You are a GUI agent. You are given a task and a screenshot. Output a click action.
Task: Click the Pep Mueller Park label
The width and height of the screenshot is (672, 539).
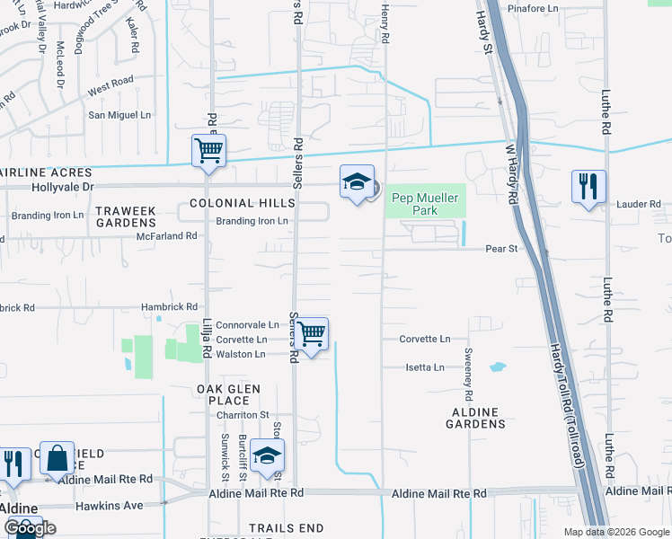click(x=426, y=204)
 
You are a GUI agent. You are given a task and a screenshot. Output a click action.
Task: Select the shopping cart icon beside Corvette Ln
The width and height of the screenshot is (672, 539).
click(x=312, y=334)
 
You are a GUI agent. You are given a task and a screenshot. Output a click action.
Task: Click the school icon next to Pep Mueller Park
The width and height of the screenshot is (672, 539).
click(x=357, y=182)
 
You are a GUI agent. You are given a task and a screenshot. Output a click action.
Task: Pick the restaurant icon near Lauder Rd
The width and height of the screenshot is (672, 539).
click(x=588, y=187)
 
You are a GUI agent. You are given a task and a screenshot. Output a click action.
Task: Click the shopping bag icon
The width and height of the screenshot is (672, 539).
click(x=57, y=459)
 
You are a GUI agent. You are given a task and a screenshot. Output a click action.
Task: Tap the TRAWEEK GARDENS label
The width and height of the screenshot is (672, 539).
click(x=126, y=216)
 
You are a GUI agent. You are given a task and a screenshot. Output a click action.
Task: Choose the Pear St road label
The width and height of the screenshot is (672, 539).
click(x=502, y=248)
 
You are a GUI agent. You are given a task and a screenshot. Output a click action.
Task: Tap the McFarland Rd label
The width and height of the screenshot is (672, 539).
click(x=166, y=235)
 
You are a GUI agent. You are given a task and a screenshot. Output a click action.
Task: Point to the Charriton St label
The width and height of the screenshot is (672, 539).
click(x=242, y=414)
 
